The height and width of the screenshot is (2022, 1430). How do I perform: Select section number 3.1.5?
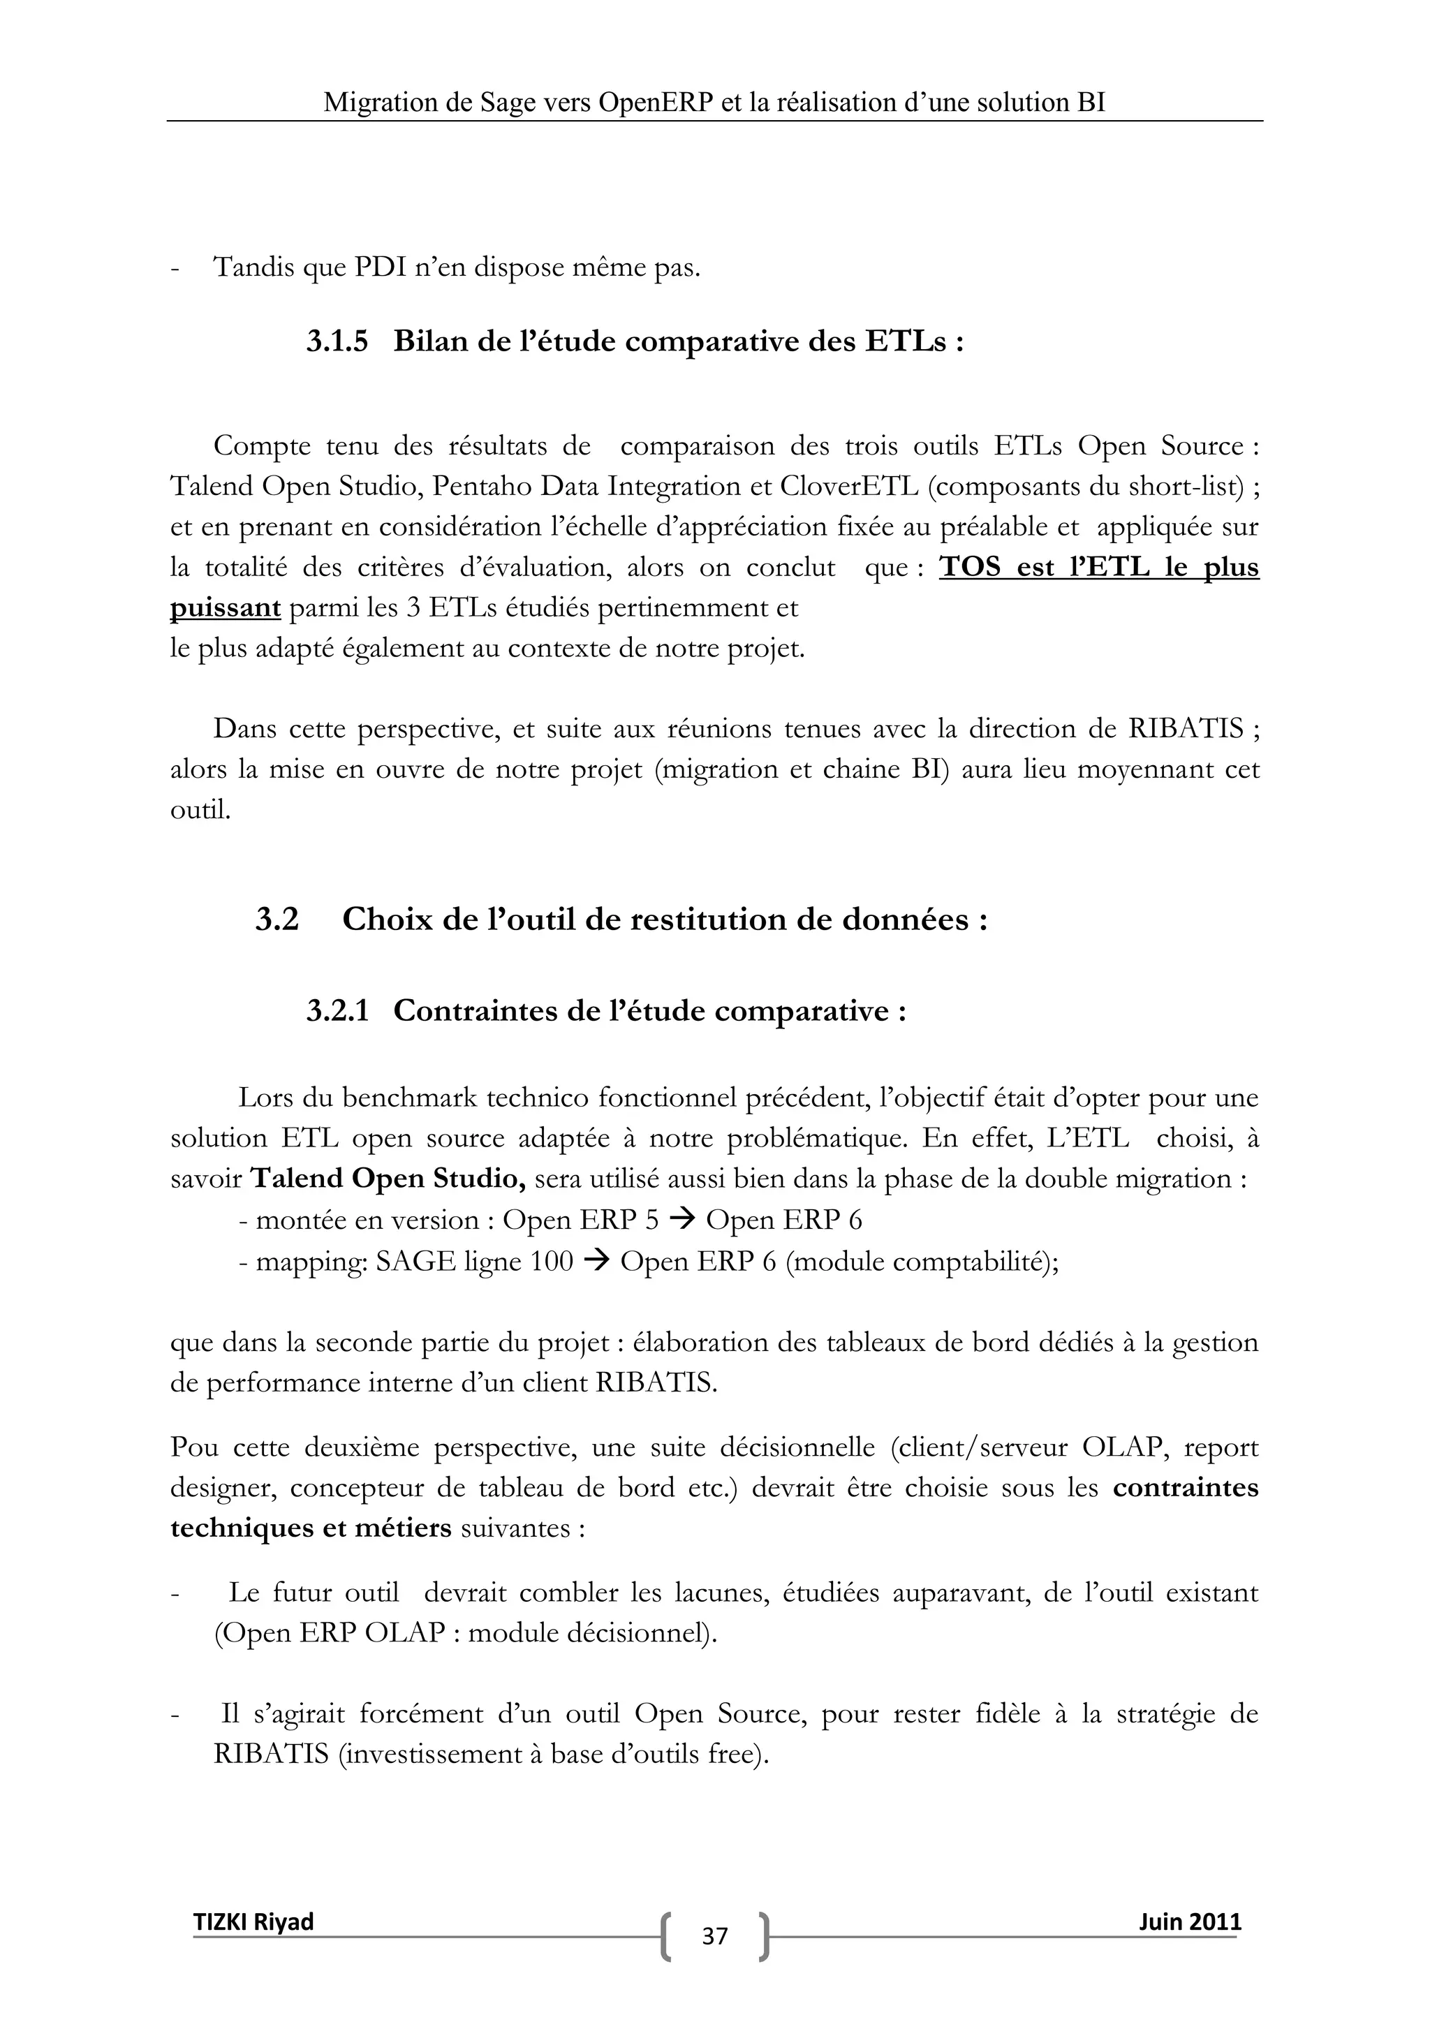coord(337,341)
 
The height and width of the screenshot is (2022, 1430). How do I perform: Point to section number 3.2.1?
coord(337,1011)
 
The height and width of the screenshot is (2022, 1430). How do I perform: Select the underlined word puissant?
coord(225,607)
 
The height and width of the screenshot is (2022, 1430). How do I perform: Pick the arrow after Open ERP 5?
coord(681,1220)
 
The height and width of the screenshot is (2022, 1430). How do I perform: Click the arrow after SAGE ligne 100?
coord(596,1261)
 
